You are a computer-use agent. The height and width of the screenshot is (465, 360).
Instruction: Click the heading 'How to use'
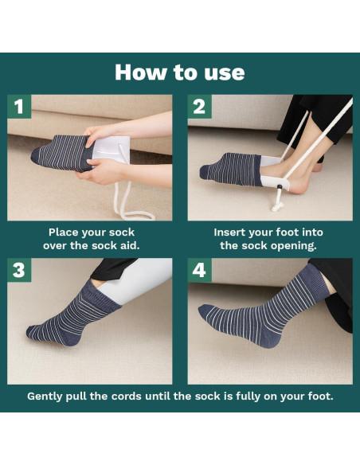(179, 72)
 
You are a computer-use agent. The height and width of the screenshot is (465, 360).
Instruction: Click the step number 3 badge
(19, 271)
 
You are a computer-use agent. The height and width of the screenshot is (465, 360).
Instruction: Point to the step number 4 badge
(199, 271)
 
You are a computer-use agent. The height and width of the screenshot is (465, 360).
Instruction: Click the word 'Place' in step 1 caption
(63, 232)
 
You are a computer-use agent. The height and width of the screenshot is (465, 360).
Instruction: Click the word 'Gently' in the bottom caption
(49, 396)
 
